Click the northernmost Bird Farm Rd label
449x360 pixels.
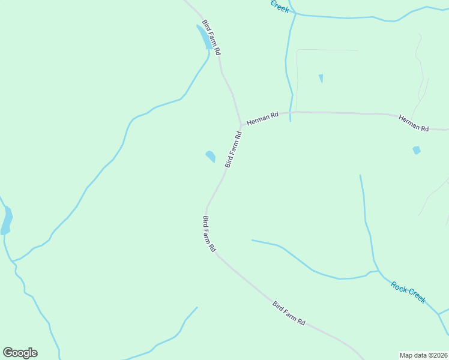tap(211, 37)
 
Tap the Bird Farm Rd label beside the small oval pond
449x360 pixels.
tap(234, 149)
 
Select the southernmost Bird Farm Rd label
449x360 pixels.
tap(289, 313)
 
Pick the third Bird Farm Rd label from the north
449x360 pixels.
tap(209, 234)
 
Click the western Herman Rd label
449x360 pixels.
tap(263, 119)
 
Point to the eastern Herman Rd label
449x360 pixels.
tap(414, 124)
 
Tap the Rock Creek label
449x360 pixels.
tap(408, 292)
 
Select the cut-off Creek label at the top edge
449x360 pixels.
tap(280, 6)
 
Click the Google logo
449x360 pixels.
tap(20, 353)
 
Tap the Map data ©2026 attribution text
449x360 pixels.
tap(423, 355)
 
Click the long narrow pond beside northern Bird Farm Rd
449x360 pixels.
tap(203, 37)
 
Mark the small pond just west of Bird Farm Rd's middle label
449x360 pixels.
tap(210, 157)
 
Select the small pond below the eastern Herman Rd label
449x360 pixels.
tap(416, 150)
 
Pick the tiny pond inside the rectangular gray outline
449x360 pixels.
tap(321, 78)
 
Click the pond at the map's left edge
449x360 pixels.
tap(7, 221)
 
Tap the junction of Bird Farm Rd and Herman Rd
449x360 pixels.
tap(241, 124)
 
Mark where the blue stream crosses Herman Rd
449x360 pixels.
tap(290, 112)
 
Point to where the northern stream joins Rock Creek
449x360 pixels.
tap(376, 271)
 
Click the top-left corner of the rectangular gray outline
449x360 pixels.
tap(297, 50)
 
